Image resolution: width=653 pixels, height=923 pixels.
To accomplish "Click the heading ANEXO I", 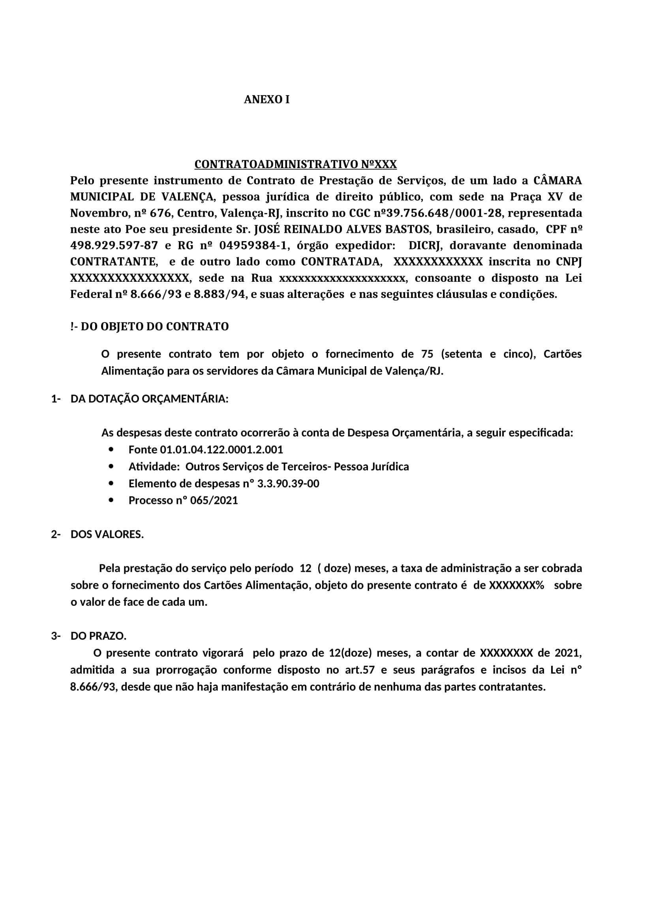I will (x=266, y=100).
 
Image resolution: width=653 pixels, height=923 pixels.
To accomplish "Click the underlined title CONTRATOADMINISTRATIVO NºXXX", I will (x=296, y=165).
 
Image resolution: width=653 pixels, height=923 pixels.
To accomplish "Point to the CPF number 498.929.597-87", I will (x=114, y=245).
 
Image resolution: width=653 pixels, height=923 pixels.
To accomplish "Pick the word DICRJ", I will (x=426, y=245).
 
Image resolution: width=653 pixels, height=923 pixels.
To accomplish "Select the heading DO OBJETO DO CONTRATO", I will (x=155, y=326).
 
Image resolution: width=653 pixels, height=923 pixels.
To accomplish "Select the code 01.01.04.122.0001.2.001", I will (x=221, y=449).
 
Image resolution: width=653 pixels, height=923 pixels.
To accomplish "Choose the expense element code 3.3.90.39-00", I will (x=288, y=484).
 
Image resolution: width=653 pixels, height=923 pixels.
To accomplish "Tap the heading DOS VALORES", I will (x=107, y=535).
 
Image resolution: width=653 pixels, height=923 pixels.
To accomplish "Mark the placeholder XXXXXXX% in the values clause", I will (x=516, y=585).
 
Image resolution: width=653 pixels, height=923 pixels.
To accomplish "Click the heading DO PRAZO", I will (x=99, y=636).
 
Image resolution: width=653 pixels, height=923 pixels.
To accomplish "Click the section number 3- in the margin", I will (x=56, y=636).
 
